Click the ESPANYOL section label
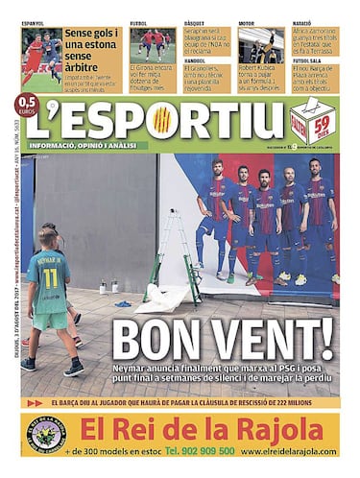coord(33,21)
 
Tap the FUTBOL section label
coord(139,21)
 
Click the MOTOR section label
coord(247,21)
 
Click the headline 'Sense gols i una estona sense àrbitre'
coord(92,43)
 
